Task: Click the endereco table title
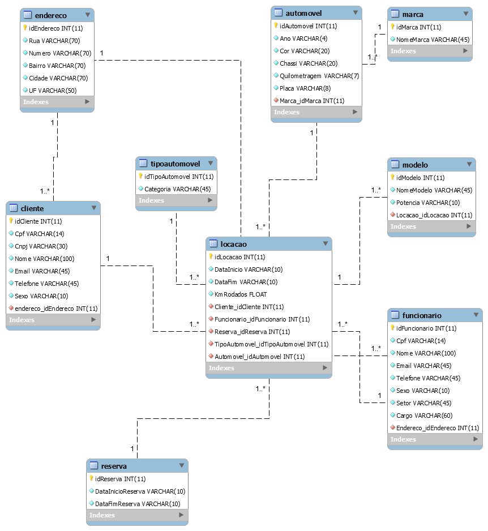[51, 15]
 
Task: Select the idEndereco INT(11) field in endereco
[56, 28]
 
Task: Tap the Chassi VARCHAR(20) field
[309, 63]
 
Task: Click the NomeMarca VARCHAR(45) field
[433, 40]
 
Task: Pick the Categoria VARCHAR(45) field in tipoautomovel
[177, 189]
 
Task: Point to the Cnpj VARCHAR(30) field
[41, 246]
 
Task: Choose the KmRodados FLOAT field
[241, 294]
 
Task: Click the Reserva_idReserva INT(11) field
[252, 332]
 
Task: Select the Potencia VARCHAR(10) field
[428, 203]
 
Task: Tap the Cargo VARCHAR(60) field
[425, 416]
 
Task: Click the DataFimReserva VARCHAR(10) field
[138, 504]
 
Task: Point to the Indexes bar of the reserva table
[137, 515]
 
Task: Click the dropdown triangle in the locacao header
[326, 243]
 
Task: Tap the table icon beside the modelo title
[395, 165]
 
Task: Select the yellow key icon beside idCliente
[11, 221]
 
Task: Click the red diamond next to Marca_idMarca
[276, 100]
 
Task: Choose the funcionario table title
[422, 315]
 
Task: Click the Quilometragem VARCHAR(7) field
[319, 76]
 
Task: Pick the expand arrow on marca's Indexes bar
[465, 51]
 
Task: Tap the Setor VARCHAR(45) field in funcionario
[423, 403]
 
